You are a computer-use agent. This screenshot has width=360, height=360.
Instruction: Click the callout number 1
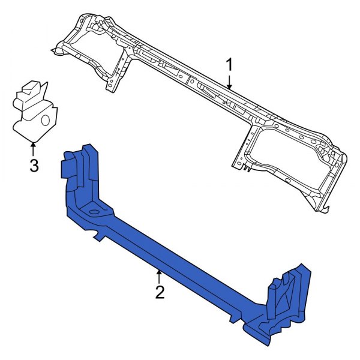pyautogui.click(x=229, y=64)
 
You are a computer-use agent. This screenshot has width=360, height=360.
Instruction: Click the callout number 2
pyautogui.click(x=159, y=292)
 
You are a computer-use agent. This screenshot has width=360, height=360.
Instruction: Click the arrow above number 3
pyautogui.click(x=34, y=146)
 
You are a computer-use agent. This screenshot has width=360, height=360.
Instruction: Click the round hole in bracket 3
pyautogui.click(x=45, y=120)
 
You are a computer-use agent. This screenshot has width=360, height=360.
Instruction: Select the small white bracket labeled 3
pyautogui.click(x=35, y=111)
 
